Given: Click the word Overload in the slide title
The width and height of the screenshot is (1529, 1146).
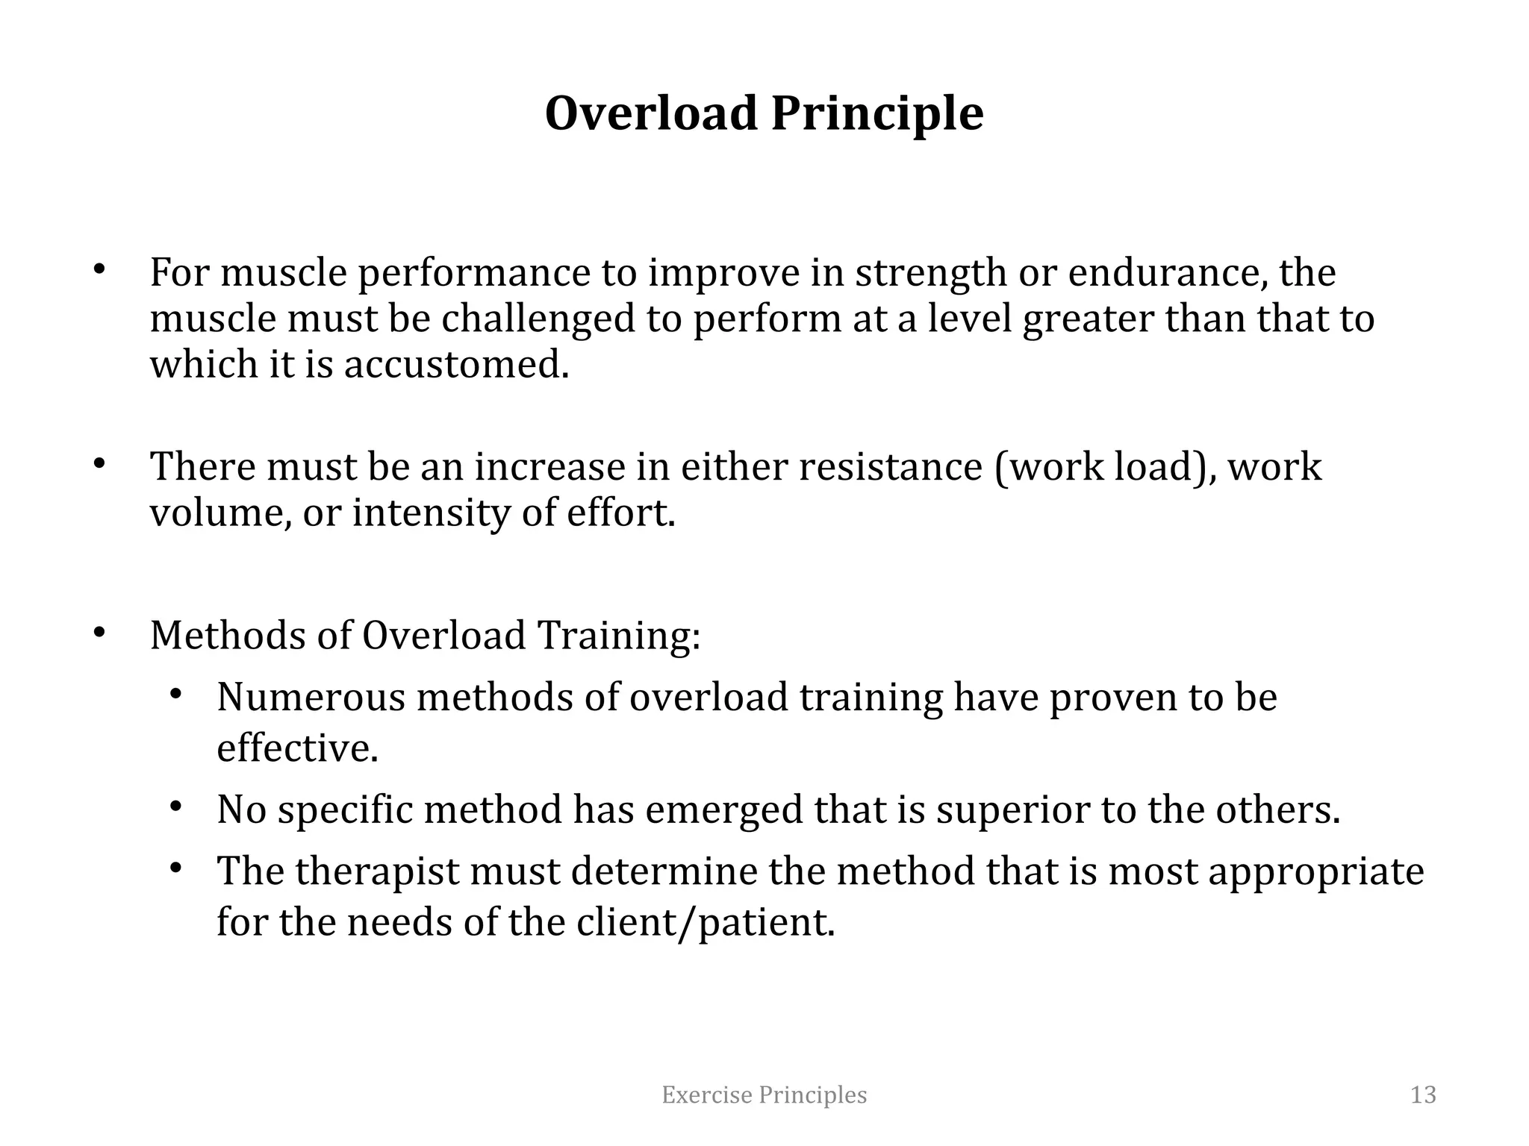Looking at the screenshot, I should [x=651, y=113].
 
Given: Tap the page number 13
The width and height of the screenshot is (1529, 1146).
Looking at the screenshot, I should [x=1423, y=1095].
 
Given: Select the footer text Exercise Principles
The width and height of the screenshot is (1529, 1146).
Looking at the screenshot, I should [x=764, y=1095].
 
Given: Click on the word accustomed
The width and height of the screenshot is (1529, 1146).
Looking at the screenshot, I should [x=455, y=365].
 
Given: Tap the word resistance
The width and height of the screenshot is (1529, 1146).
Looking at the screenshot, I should [x=891, y=466].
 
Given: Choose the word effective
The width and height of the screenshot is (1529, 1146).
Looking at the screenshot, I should [x=297, y=748].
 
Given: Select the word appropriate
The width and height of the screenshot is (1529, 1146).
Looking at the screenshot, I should [x=1316, y=871].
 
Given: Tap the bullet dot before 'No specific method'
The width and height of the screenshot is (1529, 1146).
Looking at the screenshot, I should [x=176, y=807].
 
